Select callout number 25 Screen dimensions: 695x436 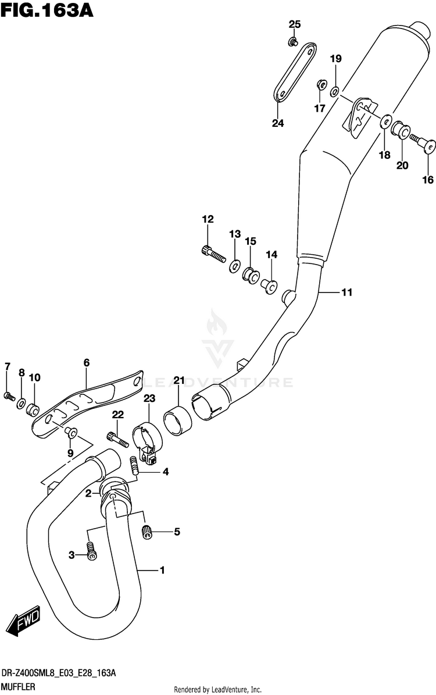click(295, 24)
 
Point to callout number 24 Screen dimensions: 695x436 click(278, 123)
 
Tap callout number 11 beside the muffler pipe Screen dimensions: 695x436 click(346, 293)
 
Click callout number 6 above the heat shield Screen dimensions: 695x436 click(86, 363)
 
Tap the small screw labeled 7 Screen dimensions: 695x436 click(9, 396)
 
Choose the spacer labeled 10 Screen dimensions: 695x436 click(34, 405)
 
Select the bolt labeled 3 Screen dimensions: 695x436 click(91, 550)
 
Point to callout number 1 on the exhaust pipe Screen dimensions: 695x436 click(162, 571)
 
